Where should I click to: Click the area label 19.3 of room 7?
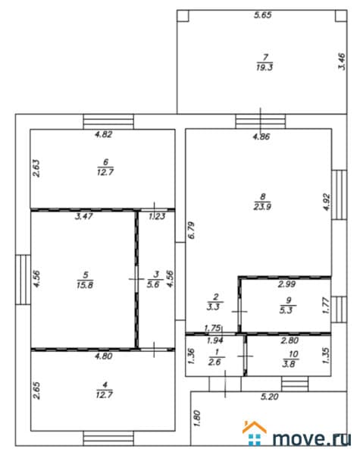click(265, 63)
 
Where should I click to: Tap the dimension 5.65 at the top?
click(263, 15)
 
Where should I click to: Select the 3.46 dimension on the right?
click(342, 61)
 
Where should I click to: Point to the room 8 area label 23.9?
click(262, 202)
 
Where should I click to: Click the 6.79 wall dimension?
click(191, 230)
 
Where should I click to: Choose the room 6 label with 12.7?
click(105, 167)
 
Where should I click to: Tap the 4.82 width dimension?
click(104, 134)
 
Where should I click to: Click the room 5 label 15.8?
click(85, 280)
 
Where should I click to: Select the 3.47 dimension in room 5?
click(84, 216)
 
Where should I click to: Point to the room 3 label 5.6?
click(154, 279)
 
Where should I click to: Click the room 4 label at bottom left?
click(105, 390)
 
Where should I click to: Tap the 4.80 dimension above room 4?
click(104, 356)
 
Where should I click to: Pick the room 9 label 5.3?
click(286, 306)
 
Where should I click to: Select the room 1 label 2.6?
click(215, 357)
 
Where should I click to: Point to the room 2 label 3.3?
click(214, 302)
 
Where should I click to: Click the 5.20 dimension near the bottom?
click(270, 397)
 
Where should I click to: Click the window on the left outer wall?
click(23, 280)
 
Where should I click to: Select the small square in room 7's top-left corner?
click(183, 16)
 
